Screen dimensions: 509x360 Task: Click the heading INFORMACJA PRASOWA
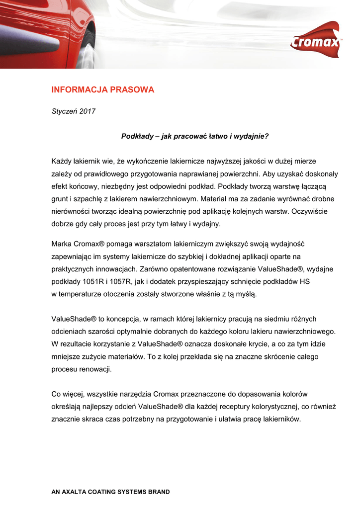click(x=103, y=90)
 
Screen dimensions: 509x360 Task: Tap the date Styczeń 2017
click(x=74, y=111)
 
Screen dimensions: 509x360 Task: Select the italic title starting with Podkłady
click(x=195, y=136)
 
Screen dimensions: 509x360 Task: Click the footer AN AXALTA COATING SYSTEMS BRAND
click(x=111, y=492)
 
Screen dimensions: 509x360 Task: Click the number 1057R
click(x=119, y=281)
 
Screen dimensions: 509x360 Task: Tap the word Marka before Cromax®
click(x=62, y=244)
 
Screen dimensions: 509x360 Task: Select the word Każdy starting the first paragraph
click(x=62, y=161)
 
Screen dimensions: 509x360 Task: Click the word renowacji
click(x=94, y=369)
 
